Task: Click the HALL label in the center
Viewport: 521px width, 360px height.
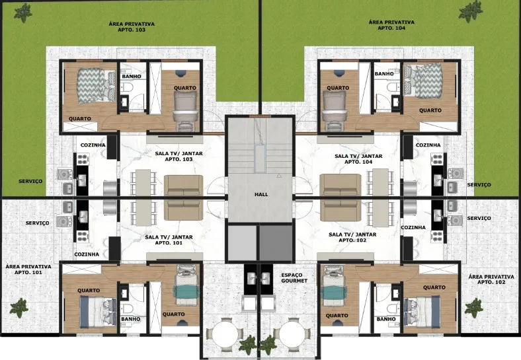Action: click(261, 195)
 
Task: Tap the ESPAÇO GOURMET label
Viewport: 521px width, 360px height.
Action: click(294, 278)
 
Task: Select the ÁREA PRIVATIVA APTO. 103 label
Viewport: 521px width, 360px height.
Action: click(132, 26)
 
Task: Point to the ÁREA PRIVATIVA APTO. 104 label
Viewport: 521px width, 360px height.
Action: click(391, 25)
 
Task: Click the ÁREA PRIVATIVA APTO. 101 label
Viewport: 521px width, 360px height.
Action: click(28, 270)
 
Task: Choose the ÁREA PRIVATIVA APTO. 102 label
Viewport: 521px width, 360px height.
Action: click(491, 279)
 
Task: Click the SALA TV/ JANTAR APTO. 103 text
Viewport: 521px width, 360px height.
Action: click(179, 157)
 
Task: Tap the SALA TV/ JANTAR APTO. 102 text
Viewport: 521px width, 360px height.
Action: click(352, 237)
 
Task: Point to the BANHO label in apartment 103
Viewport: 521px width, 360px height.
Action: click(132, 77)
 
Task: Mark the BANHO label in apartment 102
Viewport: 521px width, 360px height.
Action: click(386, 319)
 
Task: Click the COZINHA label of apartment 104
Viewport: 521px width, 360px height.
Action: click(428, 145)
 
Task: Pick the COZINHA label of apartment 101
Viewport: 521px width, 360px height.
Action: click(87, 254)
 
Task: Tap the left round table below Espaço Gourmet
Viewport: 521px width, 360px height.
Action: click(225, 334)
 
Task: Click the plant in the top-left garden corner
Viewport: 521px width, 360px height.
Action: click(23, 13)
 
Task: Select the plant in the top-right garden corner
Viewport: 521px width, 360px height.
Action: click(471, 11)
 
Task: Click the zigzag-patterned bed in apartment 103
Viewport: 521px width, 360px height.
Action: click(97, 85)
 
